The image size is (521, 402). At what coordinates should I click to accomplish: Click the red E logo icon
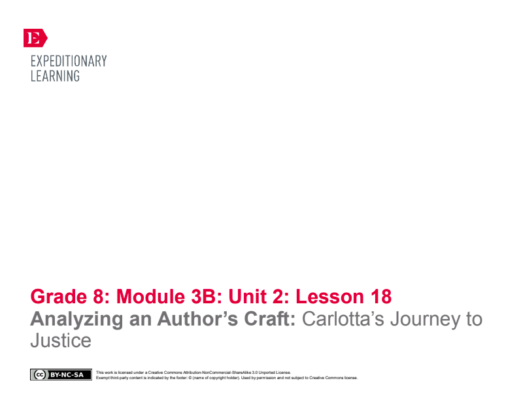click(34, 38)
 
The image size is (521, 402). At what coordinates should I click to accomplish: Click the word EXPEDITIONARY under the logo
click(69, 61)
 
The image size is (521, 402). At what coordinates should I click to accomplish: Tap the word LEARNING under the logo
click(55, 76)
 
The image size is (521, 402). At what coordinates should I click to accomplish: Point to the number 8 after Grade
click(99, 297)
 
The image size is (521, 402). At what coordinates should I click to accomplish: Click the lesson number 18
click(379, 297)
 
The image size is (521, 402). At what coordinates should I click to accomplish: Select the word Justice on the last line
click(61, 341)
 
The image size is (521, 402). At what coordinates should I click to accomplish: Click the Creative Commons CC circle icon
click(39, 375)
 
